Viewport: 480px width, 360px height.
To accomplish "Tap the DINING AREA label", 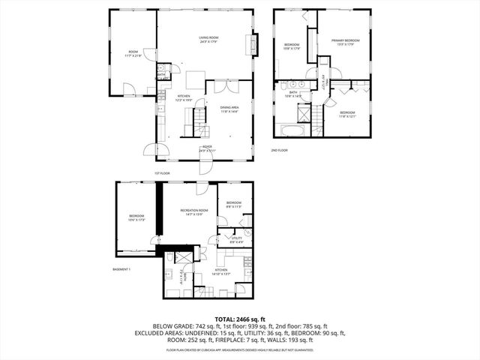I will click(x=229, y=110).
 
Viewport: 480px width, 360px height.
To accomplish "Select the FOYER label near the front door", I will click(x=206, y=148).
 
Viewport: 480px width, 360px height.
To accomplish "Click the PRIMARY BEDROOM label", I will click(x=346, y=42).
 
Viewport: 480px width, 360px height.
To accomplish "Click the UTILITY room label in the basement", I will click(x=236, y=240).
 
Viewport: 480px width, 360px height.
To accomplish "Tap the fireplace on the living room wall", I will click(x=253, y=45).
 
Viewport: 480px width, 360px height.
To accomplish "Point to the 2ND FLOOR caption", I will click(x=280, y=150).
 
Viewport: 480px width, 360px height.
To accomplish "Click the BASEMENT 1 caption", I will click(x=121, y=269).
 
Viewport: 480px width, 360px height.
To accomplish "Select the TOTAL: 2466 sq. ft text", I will click(x=239, y=319).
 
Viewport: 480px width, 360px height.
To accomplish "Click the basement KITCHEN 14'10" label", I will click(x=221, y=271).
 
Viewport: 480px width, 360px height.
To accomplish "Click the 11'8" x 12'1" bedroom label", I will click(x=346, y=114).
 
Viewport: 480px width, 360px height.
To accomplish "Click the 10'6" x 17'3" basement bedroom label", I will click(x=136, y=217).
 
